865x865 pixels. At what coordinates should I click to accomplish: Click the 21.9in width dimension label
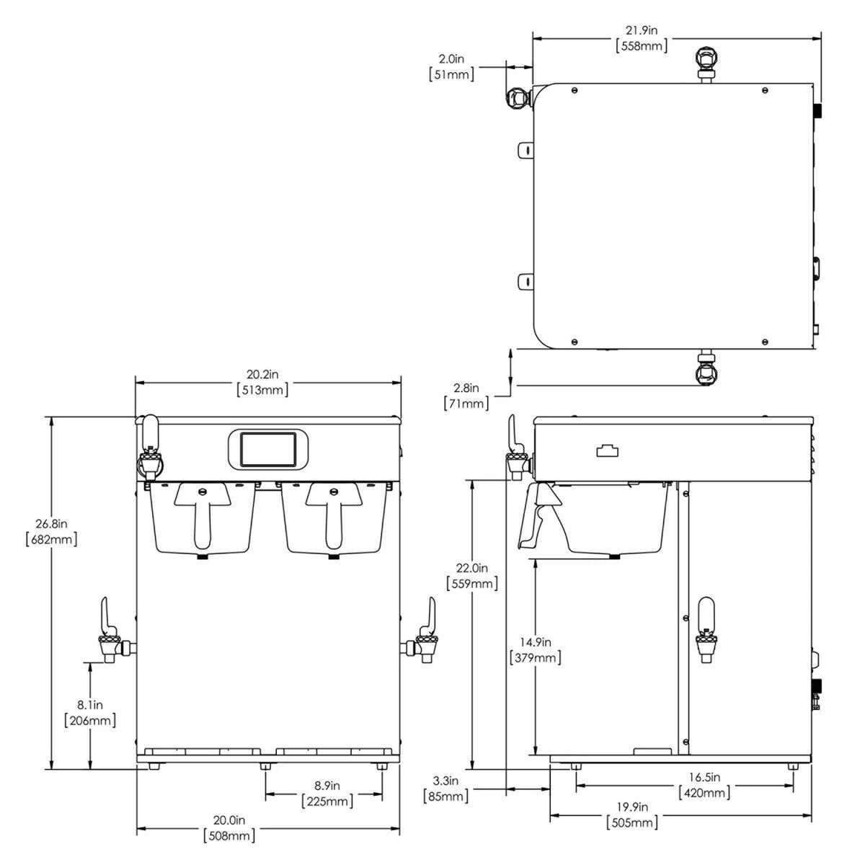pos(642,38)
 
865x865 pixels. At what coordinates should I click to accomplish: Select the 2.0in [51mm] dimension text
pos(452,66)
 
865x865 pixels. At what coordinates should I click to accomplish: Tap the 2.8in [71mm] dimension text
pos(466,396)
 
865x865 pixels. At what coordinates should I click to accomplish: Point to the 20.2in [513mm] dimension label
pos(262,382)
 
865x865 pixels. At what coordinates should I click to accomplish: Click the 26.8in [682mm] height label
pos(50,531)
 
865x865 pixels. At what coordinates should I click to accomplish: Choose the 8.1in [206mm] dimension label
pos(90,711)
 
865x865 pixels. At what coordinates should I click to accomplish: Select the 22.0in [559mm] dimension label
pos(472,576)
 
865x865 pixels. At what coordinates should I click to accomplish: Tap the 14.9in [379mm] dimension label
pos(535,649)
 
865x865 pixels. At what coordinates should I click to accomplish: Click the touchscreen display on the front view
pos(268,449)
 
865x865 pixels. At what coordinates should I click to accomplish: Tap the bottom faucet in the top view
pos(706,369)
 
